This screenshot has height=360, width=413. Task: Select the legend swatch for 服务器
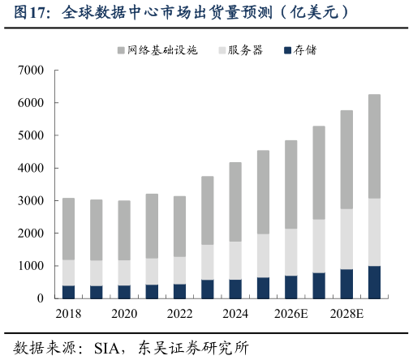[x=222, y=50]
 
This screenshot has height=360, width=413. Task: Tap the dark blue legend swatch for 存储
[x=288, y=50]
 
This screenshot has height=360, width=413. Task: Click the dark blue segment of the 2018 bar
[x=68, y=292]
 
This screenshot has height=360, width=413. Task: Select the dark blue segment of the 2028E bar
[x=346, y=284]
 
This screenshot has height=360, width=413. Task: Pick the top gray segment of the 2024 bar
[x=234, y=202]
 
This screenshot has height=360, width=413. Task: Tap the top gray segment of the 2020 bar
[x=123, y=230]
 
